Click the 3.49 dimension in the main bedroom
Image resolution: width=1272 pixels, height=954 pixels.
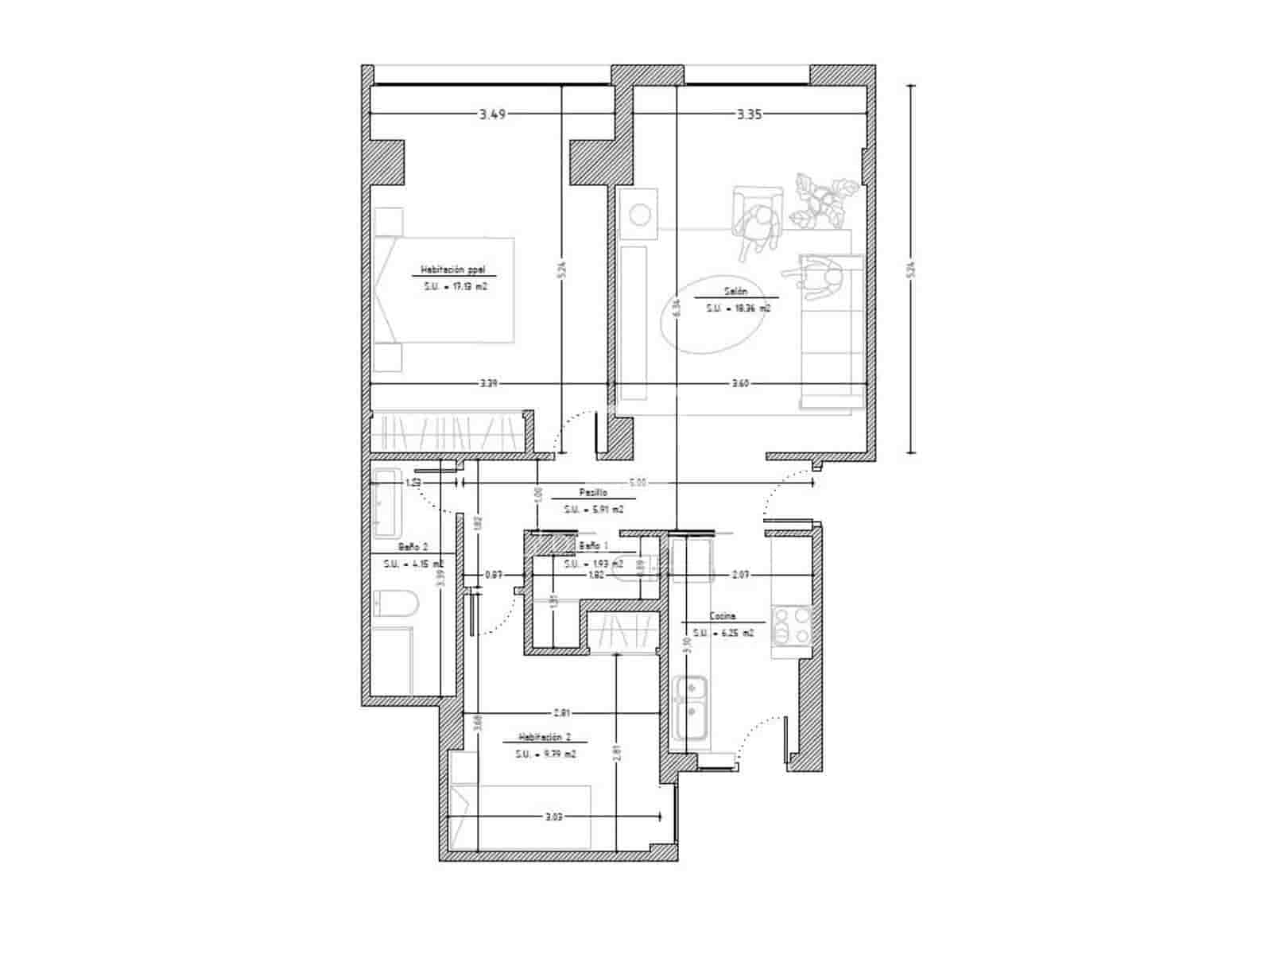492,114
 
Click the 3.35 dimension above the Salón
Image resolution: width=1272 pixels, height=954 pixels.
749,114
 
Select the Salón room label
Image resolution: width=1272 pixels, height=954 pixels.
735,291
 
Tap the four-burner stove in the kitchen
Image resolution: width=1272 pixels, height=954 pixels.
792,624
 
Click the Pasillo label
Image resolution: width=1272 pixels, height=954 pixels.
593,493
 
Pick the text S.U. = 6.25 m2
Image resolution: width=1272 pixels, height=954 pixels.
721,633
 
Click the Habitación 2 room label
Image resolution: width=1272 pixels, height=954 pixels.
545,737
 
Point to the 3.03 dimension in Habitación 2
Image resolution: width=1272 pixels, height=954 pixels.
554,816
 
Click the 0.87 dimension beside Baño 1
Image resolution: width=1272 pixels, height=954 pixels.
494,574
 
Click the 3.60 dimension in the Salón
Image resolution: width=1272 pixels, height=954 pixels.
739,384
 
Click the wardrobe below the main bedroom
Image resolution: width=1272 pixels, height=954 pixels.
447,432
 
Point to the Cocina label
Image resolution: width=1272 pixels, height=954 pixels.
722,616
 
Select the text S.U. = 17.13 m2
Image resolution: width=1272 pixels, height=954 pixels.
455,286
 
